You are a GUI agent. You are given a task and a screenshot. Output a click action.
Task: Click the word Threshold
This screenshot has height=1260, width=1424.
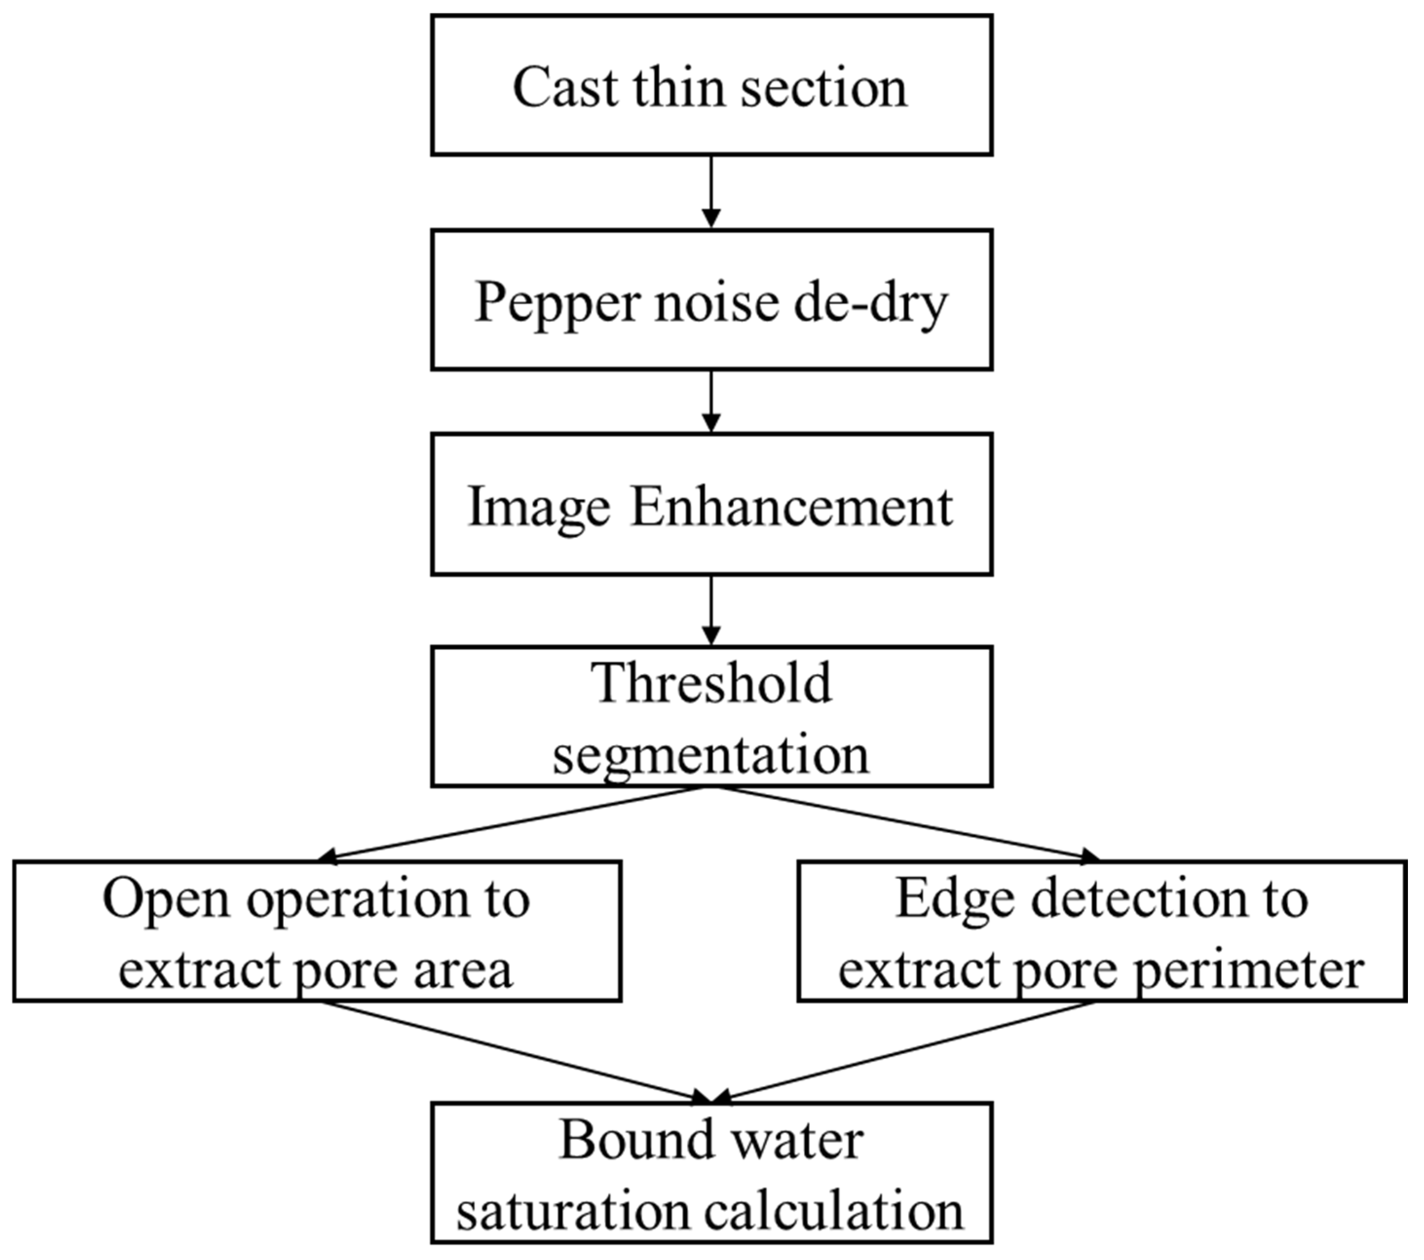tap(712, 684)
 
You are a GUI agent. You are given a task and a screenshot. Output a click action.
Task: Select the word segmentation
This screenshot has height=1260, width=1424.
tap(712, 756)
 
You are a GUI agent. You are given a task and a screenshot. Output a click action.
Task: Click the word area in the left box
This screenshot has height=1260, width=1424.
tap(463, 970)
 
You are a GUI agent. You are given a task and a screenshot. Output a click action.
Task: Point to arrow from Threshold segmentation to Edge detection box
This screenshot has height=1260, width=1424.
tap(906, 824)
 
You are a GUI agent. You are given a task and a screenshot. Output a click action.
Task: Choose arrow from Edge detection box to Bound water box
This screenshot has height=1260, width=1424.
tap(906, 1052)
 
